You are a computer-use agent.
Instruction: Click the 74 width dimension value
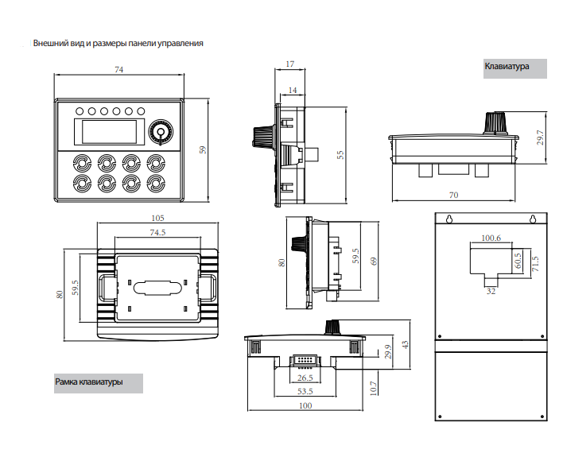click(x=118, y=69)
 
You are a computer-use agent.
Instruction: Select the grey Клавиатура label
click(x=514, y=68)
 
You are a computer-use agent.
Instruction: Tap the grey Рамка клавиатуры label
click(x=99, y=383)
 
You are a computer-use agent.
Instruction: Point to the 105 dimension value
click(x=157, y=218)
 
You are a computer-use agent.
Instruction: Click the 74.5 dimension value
click(x=157, y=232)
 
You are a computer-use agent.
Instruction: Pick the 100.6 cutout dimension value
click(x=491, y=238)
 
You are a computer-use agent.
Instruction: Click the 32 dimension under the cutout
click(x=491, y=291)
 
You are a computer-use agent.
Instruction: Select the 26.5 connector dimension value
click(x=305, y=378)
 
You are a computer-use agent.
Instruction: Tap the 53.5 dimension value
click(x=305, y=391)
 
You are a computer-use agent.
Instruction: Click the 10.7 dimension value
click(x=374, y=388)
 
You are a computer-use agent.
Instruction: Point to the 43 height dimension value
click(x=405, y=345)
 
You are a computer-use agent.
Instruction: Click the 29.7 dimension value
click(x=541, y=138)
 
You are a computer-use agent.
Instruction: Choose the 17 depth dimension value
click(x=289, y=64)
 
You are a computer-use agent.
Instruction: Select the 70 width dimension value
click(x=453, y=195)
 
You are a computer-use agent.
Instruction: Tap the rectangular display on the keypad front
click(x=109, y=132)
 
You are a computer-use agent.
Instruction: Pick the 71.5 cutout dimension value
click(x=535, y=264)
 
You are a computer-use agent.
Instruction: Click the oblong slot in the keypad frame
click(x=157, y=288)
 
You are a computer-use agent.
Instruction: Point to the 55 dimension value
click(x=340, y=155)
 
